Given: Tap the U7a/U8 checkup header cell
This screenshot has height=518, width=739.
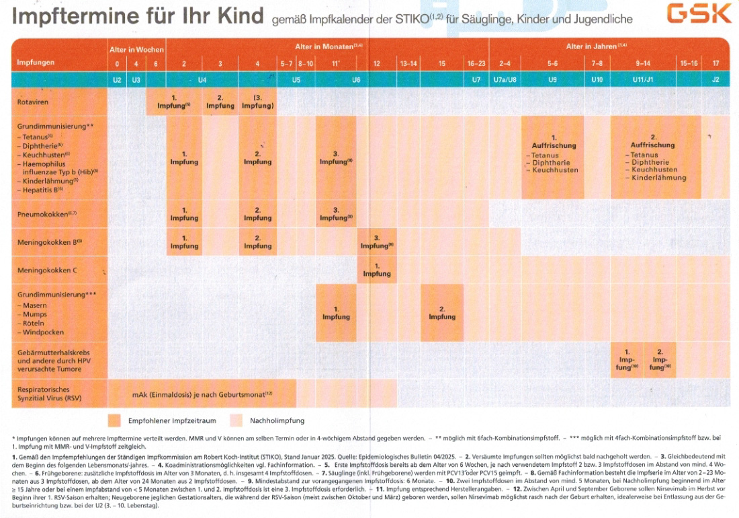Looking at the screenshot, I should [x=505, y=79].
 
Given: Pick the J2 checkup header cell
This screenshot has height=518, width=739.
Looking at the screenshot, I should [x=716, y=79].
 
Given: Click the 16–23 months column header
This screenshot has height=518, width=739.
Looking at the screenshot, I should [x=476, y=63].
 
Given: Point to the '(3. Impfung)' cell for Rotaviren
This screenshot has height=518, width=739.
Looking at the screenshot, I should [x=257, y=102].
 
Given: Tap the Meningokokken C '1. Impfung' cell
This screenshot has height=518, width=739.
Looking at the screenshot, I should [x=377, y=270].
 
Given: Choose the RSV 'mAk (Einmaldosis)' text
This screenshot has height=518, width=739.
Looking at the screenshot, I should [x=202, y=393].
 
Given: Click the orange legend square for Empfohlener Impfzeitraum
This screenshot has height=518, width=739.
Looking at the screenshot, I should [x=114, y=420].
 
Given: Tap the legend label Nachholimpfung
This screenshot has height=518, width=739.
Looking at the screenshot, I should [x=277, y=420].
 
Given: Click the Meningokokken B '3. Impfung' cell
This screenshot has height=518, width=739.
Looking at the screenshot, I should [x=377, y=242].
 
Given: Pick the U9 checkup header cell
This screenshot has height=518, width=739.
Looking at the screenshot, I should [x=552, y=79].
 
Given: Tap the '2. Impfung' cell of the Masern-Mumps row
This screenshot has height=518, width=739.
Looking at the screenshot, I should [x=442, y=313].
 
